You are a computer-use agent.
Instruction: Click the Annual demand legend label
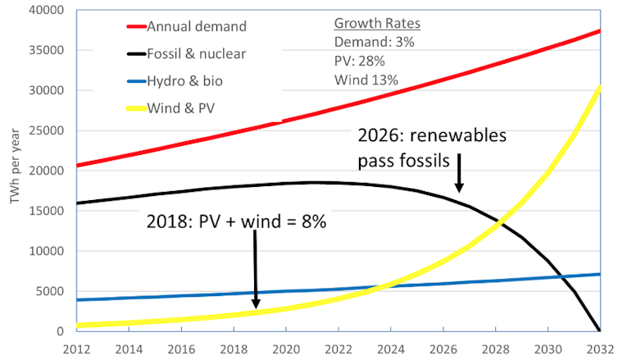pyautogui.click(x=197, y=26)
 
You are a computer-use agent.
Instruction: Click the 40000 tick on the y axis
pyautogui.click(x=34, y=11)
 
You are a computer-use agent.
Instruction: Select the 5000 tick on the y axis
pyautogui.click(x=38, y=292)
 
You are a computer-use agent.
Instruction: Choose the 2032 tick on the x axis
pyautogui.click(x=606, y=347)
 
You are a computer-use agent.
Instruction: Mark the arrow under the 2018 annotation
pyautogui.click(x=255, y=271)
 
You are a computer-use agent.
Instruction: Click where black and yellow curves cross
pyautogui.click(x=499, y=222)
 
